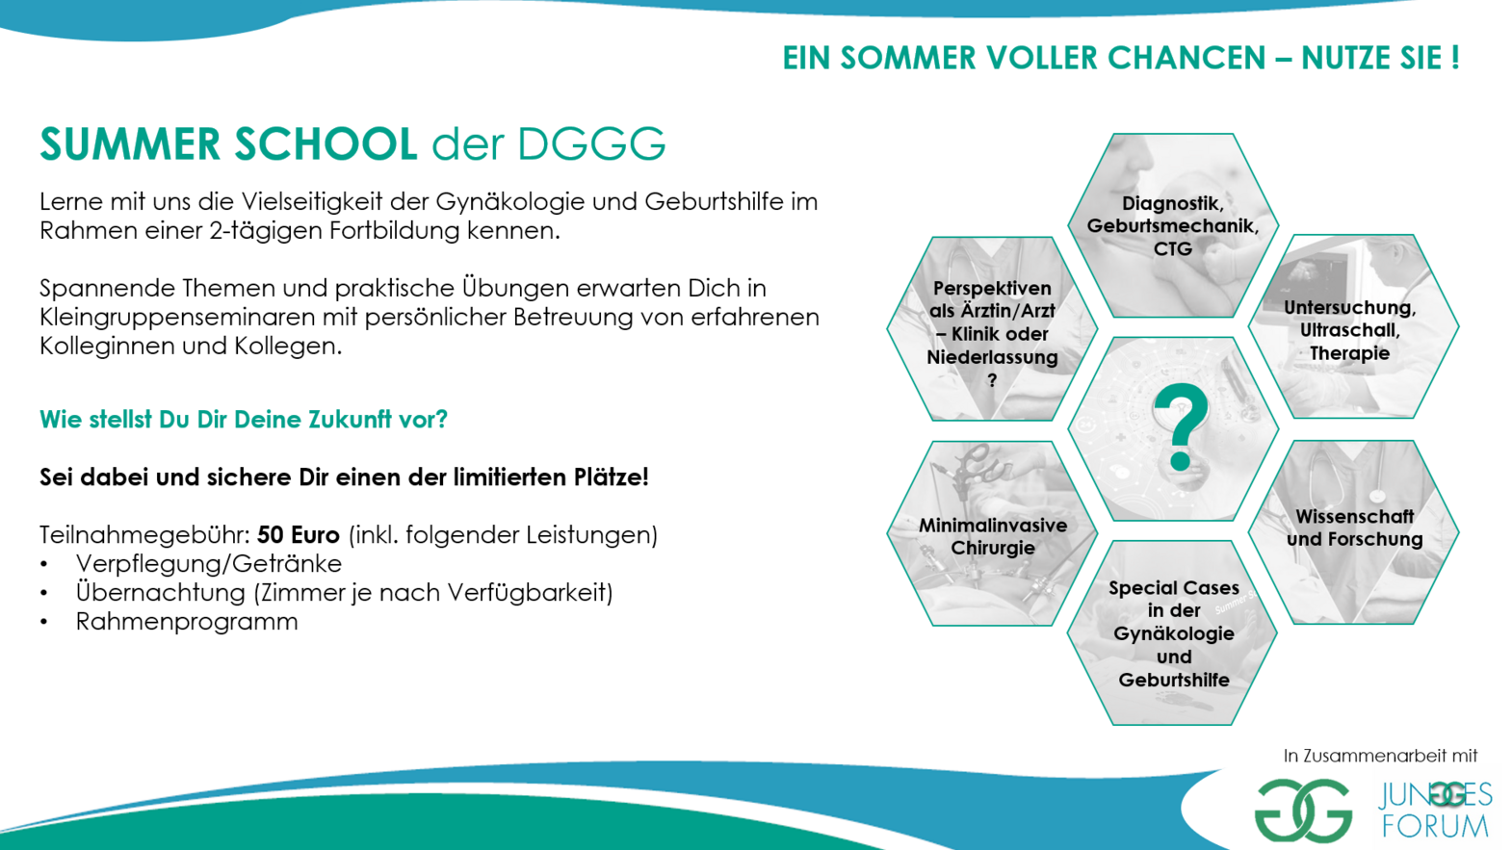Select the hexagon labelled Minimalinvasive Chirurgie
pyautogui.click(x=992, y=533)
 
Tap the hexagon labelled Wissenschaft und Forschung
pyautogui.click(x=1354, y=532)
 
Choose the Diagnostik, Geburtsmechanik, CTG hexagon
pyautogui.click(x=1173, y=225)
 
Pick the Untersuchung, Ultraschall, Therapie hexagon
pyautogui.click(x=1354, y=326)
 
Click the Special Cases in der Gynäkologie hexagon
pyautogui.click(x=1173, y=632)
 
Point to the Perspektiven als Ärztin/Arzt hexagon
pyautogui.click(x=992, y=328)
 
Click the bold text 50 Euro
pyautogui.click(x=298, y=535)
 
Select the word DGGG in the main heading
pyautogui.click(x=591, y=143)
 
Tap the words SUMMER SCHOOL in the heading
pyautogui.click(x=228, y=143)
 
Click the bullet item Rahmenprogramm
pyautogui.click(x=186, y=621)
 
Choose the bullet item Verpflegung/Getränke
pyautogui.click(x=209, y=563)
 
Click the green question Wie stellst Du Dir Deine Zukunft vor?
pyautogui.click(x=244, y=420)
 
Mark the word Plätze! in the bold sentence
pyautogui.click(x=611, y=477)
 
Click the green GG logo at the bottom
pyautogui.click(x=1303, y=811)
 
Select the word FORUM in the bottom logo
pyautogui.click(x=1434, y=826)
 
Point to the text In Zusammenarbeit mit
pyautogui.click(x=1380, y=756)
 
